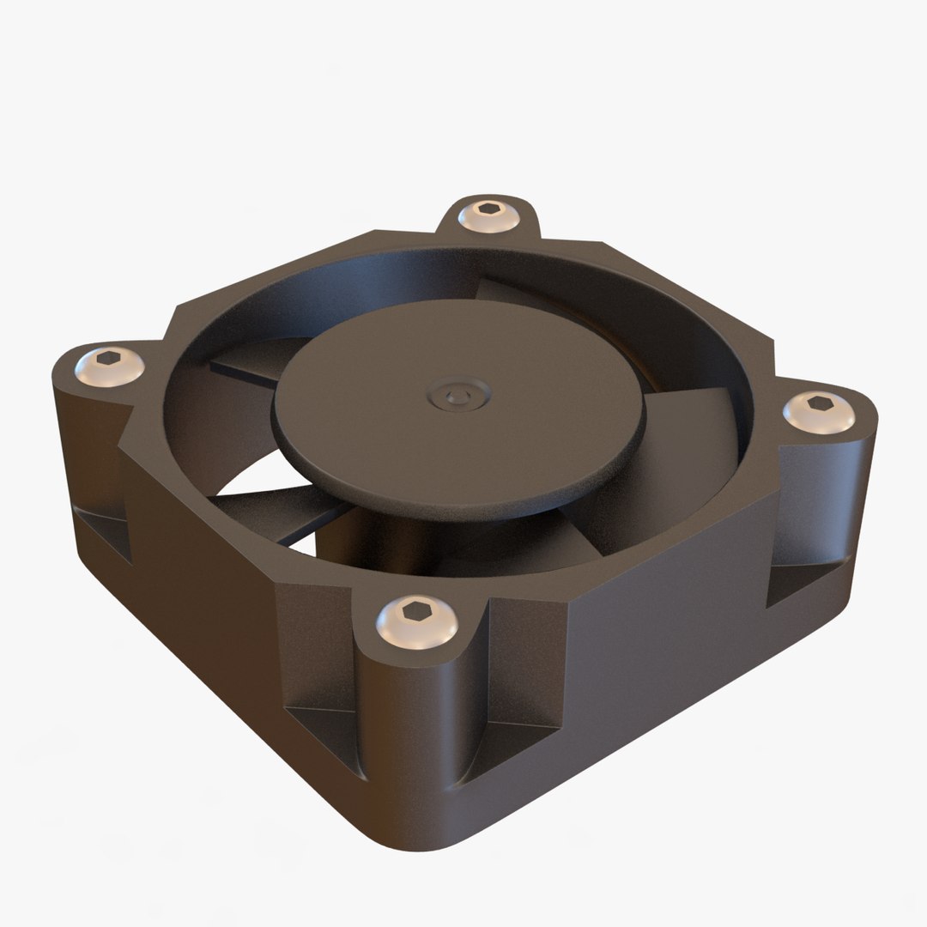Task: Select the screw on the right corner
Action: [819, 411]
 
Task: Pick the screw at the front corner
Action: [417, 619]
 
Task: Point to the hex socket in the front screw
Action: [417, 611]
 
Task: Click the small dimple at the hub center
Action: [452, 396]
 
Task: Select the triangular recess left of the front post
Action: [322, 721]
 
